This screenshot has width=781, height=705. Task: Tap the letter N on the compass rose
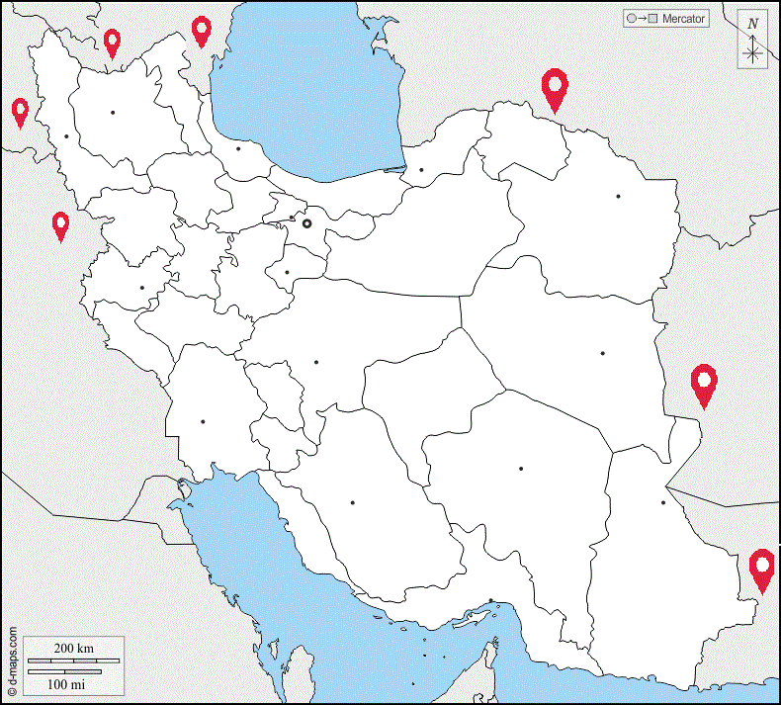coord(753,24)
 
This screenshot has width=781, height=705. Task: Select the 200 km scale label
coord(73,649)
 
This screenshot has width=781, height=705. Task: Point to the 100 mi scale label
coord(66,683)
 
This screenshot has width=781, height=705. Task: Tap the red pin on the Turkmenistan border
coord(556,89)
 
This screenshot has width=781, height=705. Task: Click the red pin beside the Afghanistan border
coord(704,385)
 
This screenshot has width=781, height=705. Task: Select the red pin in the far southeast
coord(761,570)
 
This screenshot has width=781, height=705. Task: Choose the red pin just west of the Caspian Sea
coord(202,31)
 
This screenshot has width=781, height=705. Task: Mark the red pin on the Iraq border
coord(61,225)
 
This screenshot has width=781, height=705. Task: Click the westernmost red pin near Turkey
coord(20,112)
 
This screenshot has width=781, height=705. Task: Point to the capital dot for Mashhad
coord(618,196)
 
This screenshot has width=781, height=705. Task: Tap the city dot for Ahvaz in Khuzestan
coord(203,421)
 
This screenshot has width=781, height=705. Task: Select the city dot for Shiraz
coord(352,502)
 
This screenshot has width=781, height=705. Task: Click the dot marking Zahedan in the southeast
coord(663,502)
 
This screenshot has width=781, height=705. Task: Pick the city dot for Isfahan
coord(316,362)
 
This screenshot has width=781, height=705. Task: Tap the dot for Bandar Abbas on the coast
coord(491,600)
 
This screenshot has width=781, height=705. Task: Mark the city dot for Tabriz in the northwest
coord(114,112)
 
